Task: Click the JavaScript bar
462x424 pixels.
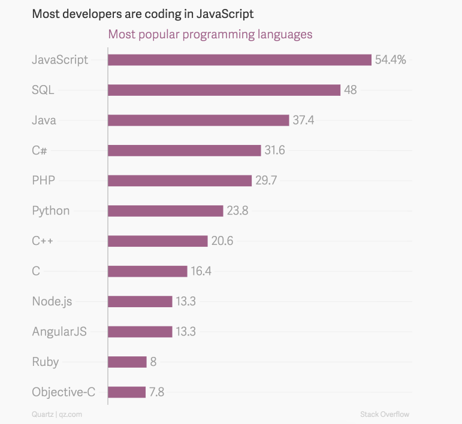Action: (240, 60)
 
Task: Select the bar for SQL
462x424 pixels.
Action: (224, 90)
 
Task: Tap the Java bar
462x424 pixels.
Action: (198, 120)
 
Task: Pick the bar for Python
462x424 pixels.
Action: (165, 211)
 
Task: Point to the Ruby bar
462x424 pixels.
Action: (127, 362)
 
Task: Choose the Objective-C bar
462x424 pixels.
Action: (126, 392)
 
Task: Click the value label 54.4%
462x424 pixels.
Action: (391, 60)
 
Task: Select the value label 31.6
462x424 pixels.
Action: (275, 150)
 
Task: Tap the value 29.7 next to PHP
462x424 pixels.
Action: (266, 181)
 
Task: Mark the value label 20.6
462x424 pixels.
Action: (222, 241)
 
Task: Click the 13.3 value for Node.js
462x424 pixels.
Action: (186, 301)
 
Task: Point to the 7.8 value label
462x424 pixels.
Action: (157, 392)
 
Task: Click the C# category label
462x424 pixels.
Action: (40, 150)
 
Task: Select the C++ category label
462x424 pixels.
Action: (44, 241)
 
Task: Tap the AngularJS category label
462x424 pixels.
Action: (59, 331)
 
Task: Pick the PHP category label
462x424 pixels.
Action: (43, 180)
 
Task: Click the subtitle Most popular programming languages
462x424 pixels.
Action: (210, 34)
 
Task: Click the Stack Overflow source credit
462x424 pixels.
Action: (385, 414)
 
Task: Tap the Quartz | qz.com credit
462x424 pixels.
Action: (57, 414)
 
